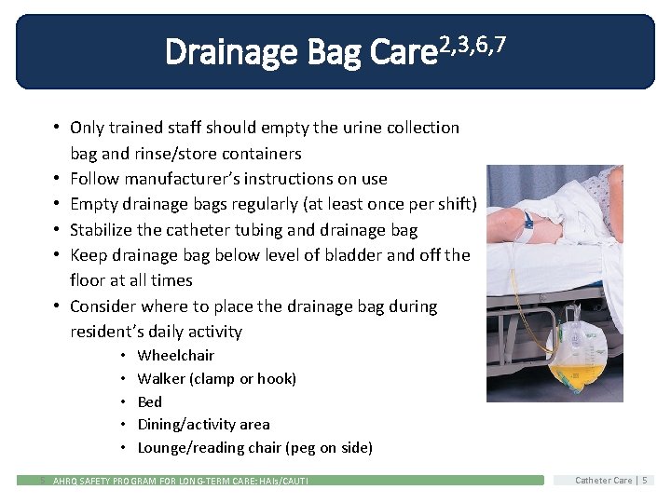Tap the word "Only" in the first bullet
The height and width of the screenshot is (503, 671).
click(x=88, y=128)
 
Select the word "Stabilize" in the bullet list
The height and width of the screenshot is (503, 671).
click(x=104, y=230)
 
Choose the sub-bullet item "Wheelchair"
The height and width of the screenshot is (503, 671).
click(x=175, y=355)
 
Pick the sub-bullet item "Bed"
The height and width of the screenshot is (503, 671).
click(x=149, y=401)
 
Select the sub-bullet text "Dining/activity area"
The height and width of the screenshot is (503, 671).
click(x=203, y=425)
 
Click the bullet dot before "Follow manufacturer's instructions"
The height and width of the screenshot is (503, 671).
click(x=57, y=179)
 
